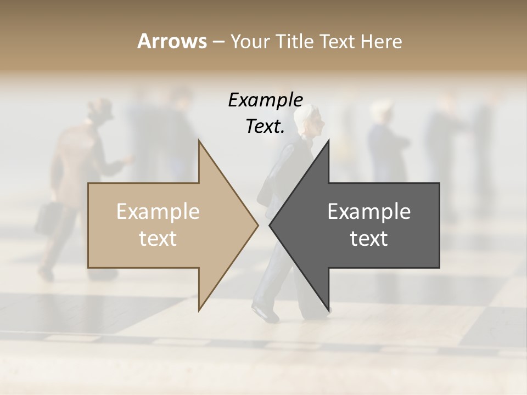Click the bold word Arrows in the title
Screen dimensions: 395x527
tap(172, 41)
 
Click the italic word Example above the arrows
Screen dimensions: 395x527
tap(266, 100)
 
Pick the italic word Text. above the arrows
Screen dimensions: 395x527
tap(266, 126)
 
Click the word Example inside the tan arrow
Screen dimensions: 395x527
tap(158, 212)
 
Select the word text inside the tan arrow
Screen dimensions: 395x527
tap(158, 239)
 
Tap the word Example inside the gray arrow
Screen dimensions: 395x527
tap(369, 212)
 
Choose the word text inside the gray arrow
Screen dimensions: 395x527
tap(369, 239)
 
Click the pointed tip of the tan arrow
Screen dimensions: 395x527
tap(257, 225)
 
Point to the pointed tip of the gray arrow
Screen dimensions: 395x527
tap(270, 225)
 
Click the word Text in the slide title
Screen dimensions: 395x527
tap(338, 41)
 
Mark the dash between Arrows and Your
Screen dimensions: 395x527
tap(218, 42)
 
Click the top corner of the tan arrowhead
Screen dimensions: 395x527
tap(199, 141)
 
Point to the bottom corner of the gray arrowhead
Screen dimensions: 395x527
tap(328, 310)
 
